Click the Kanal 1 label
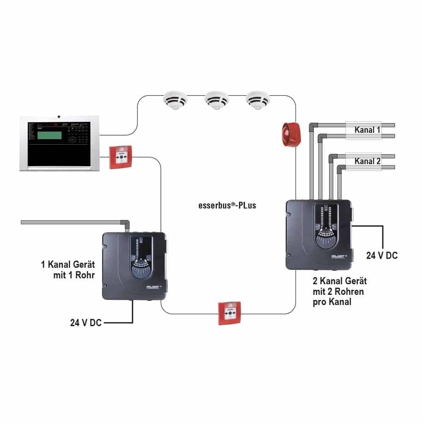pyautogui.click(x=367, y=130)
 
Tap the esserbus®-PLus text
pyautogui.click(x=227, y=206)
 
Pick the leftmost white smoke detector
pyautogui.click(x=175, y=101)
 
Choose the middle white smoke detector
pyautogui.click(x=217, y=101)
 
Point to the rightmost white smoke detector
pyautogui.click(x=258, y=101)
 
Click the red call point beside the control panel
pyautogui.click(x=121, y=157)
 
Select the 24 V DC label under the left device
pyautogui.click(x=85, y=323)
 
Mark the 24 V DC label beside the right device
pyautogui.click(x=382, y=255)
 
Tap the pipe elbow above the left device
pyautogui.click(x=126, y=222)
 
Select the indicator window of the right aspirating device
pyautogui.click(x=325, y=224)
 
